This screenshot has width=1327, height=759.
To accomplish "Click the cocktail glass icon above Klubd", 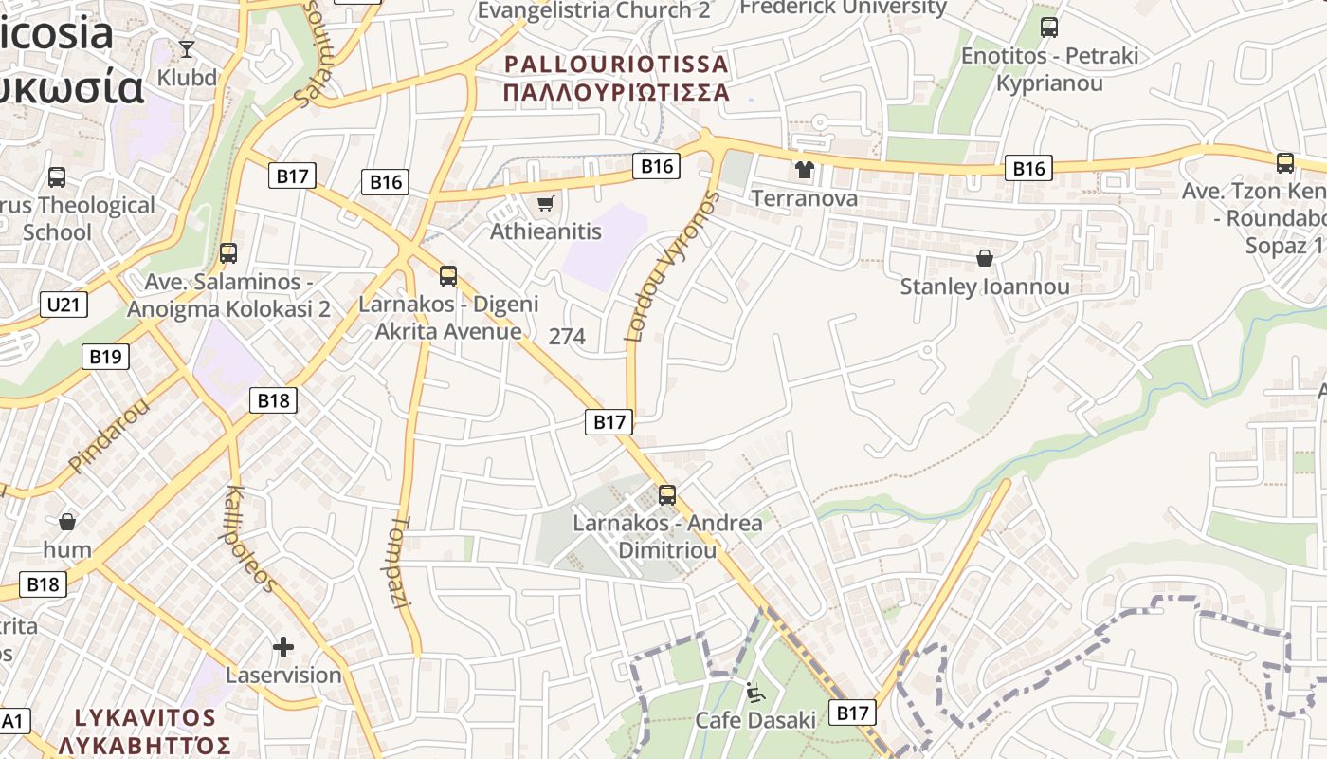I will point(187,48).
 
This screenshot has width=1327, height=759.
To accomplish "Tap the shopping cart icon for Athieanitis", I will point(545,203).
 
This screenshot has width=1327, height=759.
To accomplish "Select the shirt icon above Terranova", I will point(805,170).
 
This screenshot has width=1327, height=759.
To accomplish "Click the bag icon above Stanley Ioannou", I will point(985,257).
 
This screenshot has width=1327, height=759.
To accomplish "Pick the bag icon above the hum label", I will point(67,521).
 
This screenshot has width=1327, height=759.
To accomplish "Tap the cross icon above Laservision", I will point(282,647).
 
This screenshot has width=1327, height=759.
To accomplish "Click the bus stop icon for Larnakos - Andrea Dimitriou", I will point(667,494).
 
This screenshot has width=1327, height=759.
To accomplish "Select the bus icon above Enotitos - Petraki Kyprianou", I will point(1048,28).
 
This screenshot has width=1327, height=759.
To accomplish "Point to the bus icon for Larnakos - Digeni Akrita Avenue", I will point(448,276).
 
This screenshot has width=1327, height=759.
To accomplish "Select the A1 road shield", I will point(12,721).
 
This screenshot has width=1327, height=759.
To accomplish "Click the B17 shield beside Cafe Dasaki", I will point(851,713).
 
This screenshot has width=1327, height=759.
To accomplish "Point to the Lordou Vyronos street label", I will point(672,267).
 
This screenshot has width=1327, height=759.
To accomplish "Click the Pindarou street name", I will point(109,437).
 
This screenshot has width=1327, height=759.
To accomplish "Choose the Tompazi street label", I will point(401,562).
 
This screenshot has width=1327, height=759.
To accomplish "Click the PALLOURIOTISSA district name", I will point(617,65).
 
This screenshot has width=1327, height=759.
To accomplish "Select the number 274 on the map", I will point(567,336).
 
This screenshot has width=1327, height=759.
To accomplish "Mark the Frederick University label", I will point(842,8).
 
